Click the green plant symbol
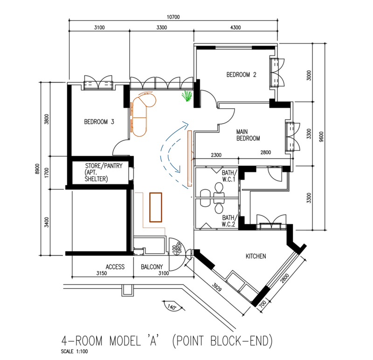pyautogui.click(x=187, y=96)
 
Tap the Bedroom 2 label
pyautogui.click(x=241, y=75)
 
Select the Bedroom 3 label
pyautogui.click(x=99, y=122)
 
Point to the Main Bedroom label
pyautogui.click(x=248, y=135)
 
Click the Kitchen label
pyautogui.click(x=256, y=256)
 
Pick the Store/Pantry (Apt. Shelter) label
pyautogui.click(x=104, y=172)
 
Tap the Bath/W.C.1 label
pyautogui.click(x=229, y=176)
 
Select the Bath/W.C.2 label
pyautogui.click(x=229, y=221)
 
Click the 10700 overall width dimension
pyautogui.click(x=173, y=17)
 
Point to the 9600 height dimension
pyautogui.click(x=321, y=137)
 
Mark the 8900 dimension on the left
pyautogui.click(x=37, y=169)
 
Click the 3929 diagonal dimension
pyautogui.click(x=217, y=287)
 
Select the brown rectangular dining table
pyautogui.click(x=156, y=207)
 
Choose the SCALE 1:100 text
pyautogui.click(x=74, y=352)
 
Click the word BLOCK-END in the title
pyautogui.click(x=241, y=341)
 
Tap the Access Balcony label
pyautogui.click(x=134, y=267)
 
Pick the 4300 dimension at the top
pyautogui.click(x=235, y=28)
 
